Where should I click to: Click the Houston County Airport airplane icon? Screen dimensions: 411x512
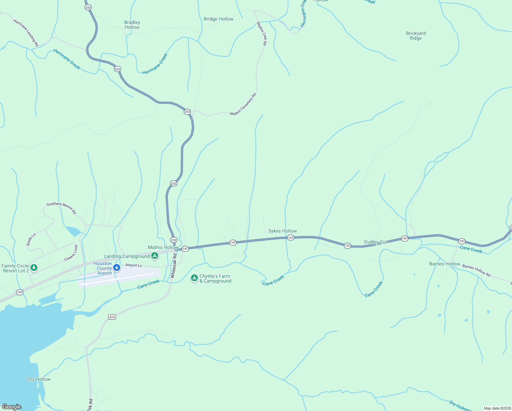117,267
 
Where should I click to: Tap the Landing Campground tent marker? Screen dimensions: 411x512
155,256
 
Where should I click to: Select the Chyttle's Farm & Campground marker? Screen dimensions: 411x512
194,278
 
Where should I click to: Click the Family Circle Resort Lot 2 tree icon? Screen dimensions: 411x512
34,267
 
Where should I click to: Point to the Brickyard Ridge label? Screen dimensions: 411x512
416,36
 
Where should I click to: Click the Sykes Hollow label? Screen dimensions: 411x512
282,231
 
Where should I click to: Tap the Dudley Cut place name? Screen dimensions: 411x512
375,242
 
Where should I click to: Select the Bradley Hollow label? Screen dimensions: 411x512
132,25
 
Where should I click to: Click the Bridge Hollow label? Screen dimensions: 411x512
218,19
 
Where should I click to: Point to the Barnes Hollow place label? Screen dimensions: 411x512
445,264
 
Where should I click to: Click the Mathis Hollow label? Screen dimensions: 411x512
163,247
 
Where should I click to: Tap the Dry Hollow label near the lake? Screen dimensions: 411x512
39,379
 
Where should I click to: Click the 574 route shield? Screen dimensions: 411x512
112,317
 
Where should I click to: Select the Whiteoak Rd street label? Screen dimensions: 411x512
174,265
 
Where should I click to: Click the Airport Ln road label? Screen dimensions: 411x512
133,265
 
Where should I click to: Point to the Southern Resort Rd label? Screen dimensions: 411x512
61,208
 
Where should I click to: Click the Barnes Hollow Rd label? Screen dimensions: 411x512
476,270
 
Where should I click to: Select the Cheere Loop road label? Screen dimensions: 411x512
71,253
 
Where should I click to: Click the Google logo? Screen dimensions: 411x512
11,407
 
